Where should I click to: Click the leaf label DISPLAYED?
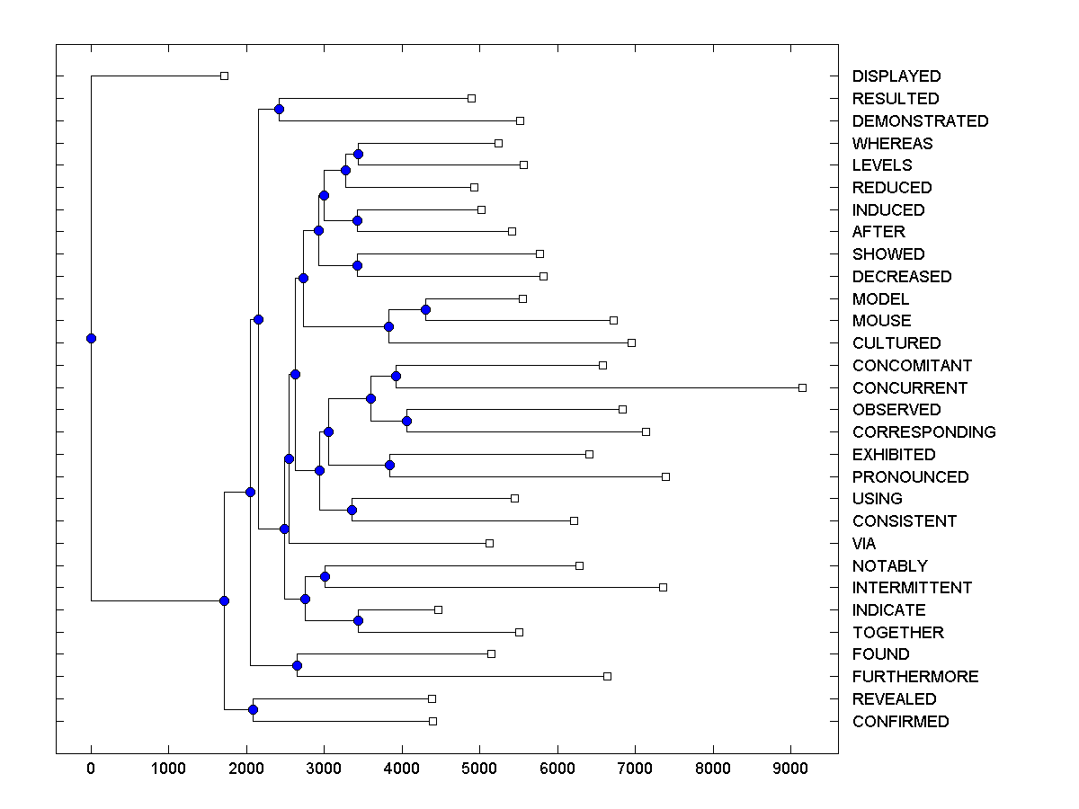pos(896,76)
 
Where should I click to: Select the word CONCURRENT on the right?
pos(910,388)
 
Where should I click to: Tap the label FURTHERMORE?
pos(915,677)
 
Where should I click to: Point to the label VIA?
pos(864,544)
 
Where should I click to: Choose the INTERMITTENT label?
pos(912,588)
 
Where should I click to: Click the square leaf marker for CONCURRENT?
pos(802,387)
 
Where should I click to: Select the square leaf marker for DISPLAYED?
pos(225,76)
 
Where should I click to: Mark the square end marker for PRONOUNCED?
pos(665,476)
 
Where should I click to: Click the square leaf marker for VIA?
pos(489,543)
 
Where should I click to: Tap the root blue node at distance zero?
pos(91,338)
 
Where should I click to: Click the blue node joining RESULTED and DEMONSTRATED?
pos(279,109)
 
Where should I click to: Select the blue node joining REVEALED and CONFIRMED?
pos(253,710)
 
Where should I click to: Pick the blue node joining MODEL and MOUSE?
pos(426,309)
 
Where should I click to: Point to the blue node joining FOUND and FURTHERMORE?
pos(297,665)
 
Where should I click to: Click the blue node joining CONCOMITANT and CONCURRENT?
pos(396,376)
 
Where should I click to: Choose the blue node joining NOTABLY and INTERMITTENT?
pos(325,576)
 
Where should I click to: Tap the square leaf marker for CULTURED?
pos(631,342)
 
